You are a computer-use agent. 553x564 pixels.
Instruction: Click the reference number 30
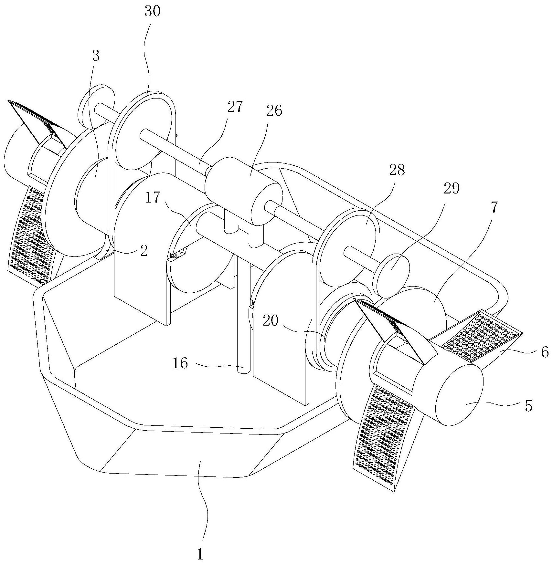153,12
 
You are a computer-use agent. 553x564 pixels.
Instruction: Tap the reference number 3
96,56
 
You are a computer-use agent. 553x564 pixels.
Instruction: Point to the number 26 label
274,111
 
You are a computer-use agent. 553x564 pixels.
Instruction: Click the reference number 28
397,170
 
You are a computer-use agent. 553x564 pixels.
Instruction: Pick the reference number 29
452,188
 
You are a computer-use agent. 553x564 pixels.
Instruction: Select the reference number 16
180,364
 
